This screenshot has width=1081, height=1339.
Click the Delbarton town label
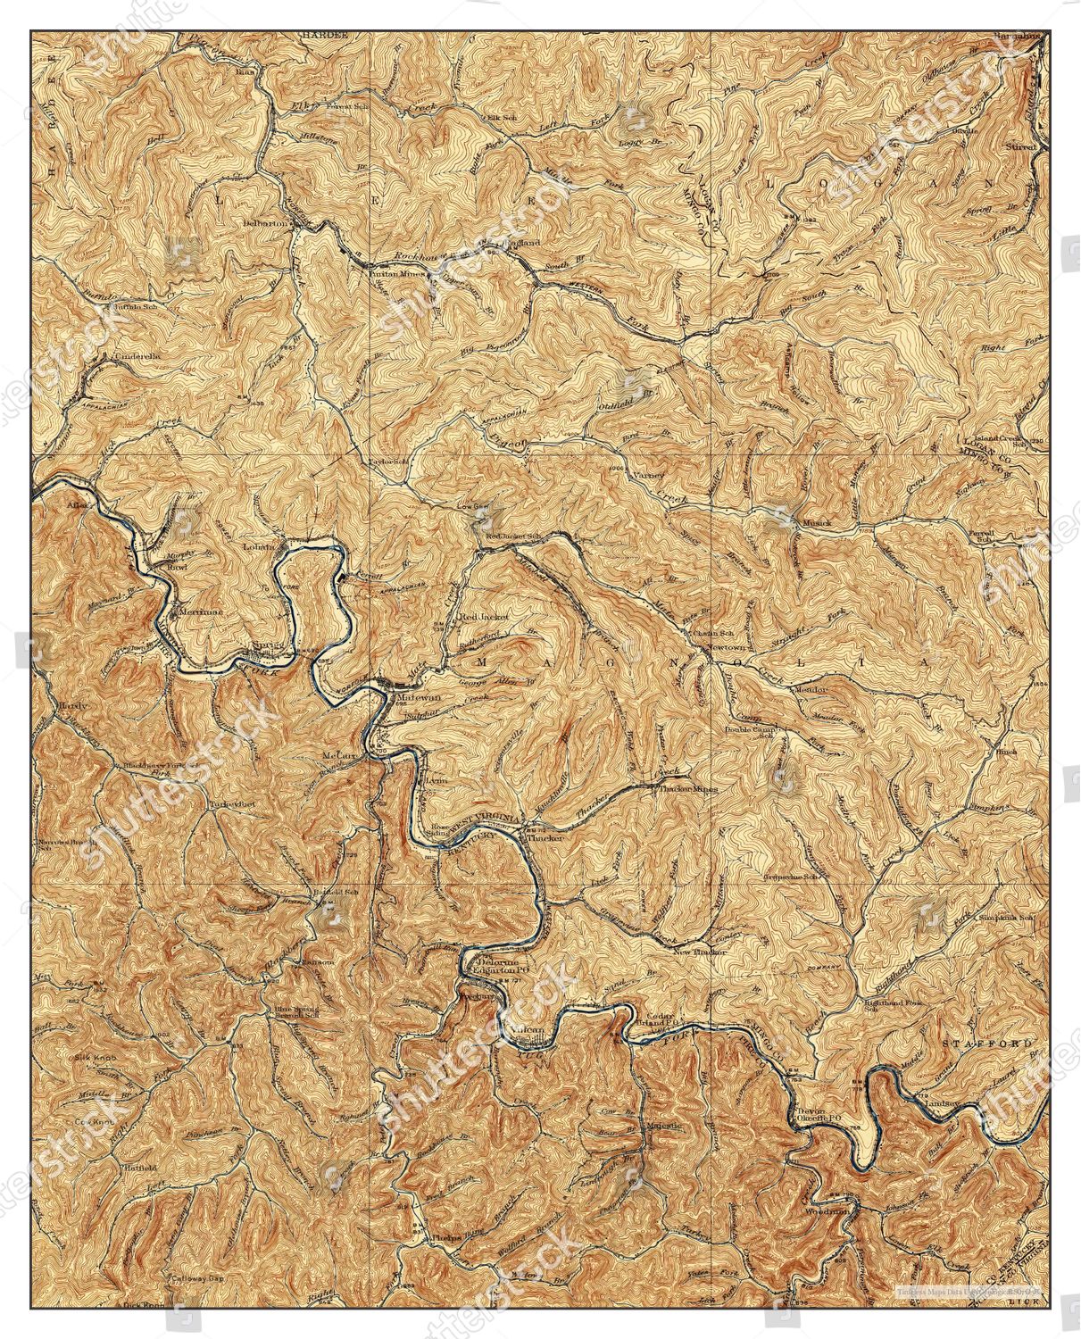click(268, 223)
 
